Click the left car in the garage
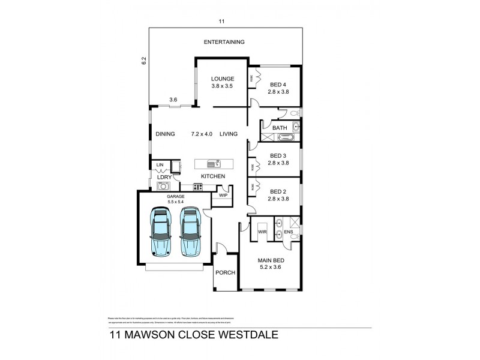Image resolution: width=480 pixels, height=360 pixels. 160,232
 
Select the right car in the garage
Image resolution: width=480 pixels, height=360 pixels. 190,232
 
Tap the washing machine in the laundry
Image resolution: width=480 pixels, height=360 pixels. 161,186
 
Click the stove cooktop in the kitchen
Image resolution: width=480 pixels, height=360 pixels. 197,187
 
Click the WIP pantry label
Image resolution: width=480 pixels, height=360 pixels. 223,195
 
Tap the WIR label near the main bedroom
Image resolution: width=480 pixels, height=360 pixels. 262,231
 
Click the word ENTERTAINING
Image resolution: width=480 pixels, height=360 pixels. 224,42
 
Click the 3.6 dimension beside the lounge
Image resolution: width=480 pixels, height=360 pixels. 173,100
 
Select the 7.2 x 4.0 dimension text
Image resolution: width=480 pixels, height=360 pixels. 202,134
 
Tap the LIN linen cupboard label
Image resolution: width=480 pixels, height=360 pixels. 160,164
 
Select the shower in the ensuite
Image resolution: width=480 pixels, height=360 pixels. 295,222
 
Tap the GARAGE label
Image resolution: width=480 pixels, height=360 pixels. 175,196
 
